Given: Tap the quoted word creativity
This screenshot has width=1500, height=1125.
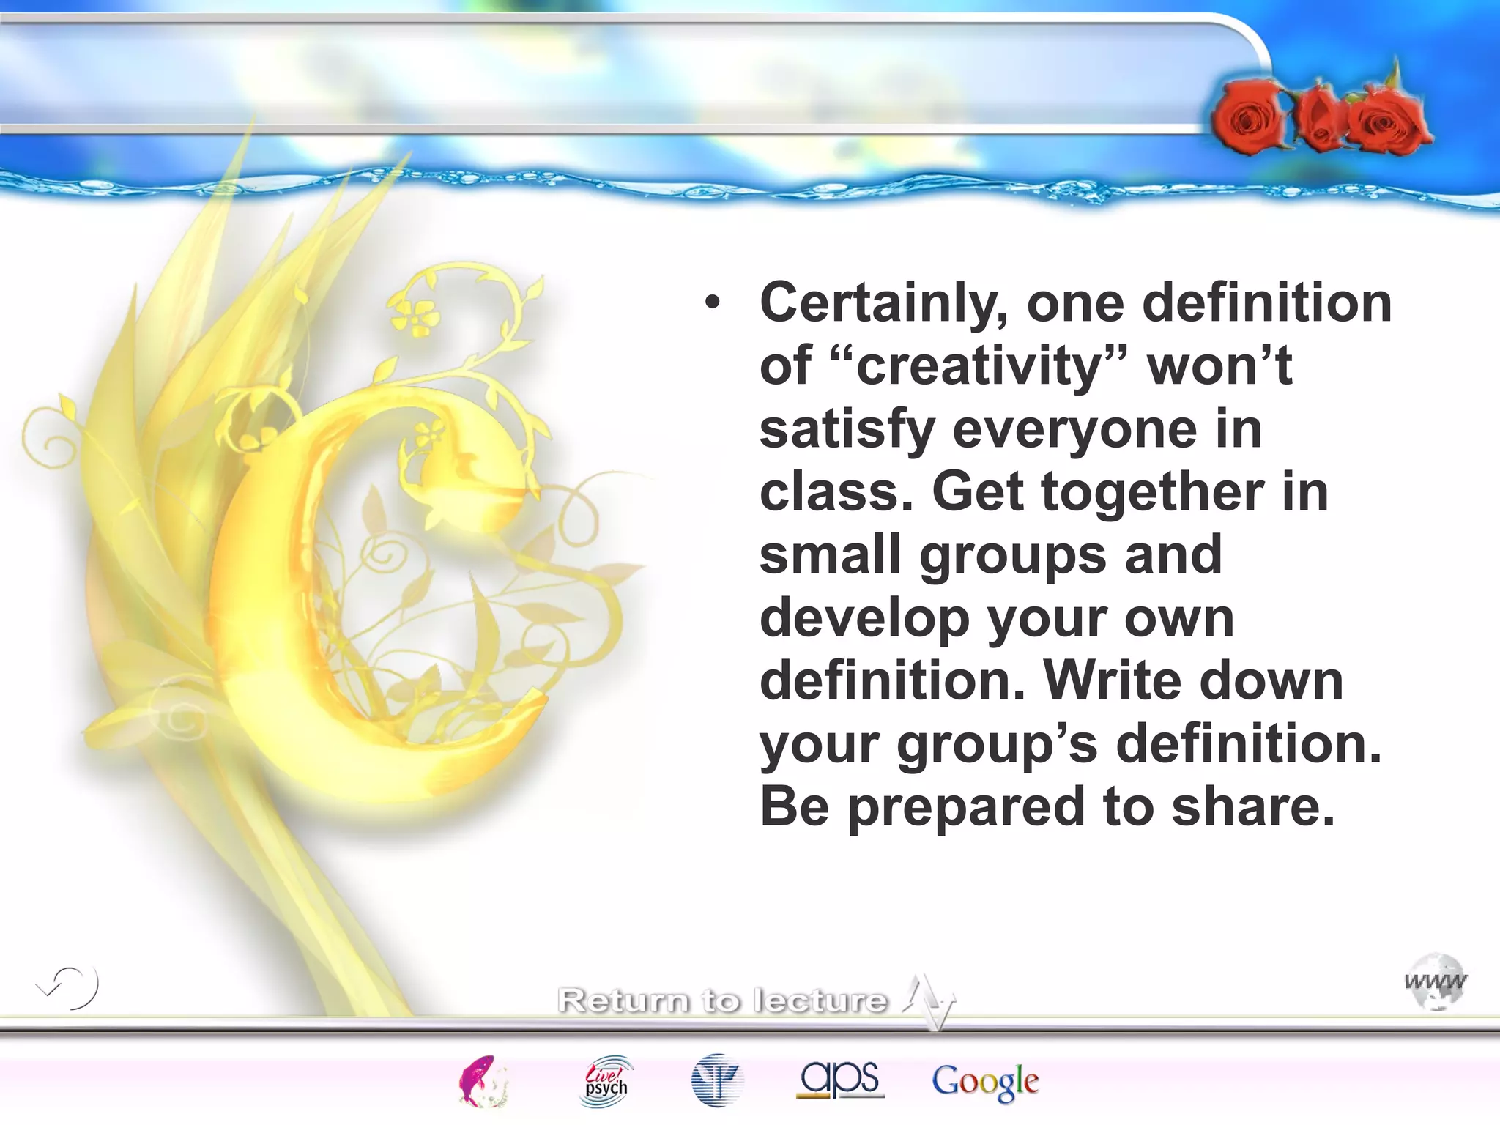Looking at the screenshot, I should pyautogui.click(x=979, y=366).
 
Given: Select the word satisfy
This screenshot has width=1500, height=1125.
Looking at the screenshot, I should pyautogui.click(x=847, y=430).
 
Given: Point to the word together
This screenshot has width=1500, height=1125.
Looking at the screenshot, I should pyautogui.click(x=1153, y=492).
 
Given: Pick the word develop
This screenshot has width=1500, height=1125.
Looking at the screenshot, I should pyautogui.click(x=864, y=620).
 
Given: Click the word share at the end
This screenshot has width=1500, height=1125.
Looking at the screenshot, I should pyautogui.click(x=1252, y=807).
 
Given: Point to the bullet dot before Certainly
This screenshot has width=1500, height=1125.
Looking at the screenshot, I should pyautogui.click(x=712, y=303).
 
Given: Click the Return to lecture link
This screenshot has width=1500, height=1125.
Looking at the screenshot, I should pyautogui.click(x=722, y=1000).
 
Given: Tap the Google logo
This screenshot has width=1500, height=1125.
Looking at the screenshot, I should pyautogui.click(x=984, y=1081).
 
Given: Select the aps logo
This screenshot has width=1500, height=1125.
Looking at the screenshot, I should pyautogui.click(x=840, y=1080).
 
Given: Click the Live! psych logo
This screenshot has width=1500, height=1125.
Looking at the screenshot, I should pyautogui.click(x=606, y=1081).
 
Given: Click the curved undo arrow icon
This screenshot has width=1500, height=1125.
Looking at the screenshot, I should pyautogui.click(x=69, y=987).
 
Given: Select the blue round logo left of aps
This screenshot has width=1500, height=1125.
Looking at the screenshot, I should pyautogui.click(x=717, y=1080).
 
